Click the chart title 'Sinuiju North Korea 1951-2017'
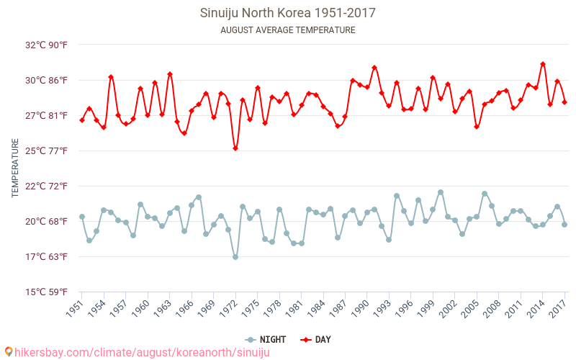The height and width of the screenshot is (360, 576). point(287,13)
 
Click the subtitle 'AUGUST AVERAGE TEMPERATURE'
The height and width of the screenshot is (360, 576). point(287,30)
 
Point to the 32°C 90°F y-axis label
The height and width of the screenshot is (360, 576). point(47,45)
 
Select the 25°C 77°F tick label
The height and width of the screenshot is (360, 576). point(47,150)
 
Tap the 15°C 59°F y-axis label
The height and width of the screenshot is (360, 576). point(47,292)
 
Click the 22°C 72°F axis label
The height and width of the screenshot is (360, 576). point(47,186)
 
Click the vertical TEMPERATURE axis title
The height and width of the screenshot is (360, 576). point(15,168)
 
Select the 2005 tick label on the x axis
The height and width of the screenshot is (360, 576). point(469,308)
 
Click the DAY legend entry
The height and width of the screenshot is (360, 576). point(317,339)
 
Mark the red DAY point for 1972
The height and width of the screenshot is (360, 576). point(235,148)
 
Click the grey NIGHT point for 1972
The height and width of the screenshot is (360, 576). point(235,257)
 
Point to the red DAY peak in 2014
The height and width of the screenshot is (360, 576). point(543,64)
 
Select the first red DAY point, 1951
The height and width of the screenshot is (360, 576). point(82,120)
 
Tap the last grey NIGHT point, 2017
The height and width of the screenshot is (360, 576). point(564,225)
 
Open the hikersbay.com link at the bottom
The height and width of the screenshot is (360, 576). point(137,352)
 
